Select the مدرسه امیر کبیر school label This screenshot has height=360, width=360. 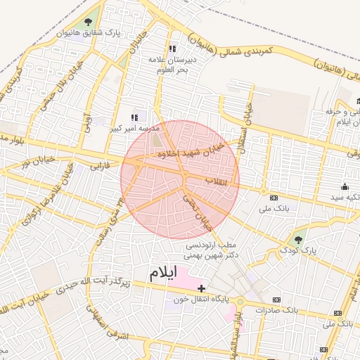point(134,129)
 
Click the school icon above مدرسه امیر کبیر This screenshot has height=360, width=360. point(134,117)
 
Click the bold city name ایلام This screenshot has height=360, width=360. point(162,271)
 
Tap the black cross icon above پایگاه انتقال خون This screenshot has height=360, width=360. point(202,288)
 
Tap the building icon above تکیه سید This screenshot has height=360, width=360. point(345,187)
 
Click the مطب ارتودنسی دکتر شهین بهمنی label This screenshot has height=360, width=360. point(211,251)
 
